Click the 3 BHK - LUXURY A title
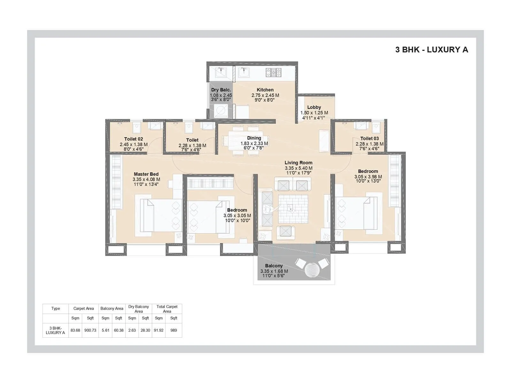click(x=431, y=50)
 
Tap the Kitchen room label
click(x=265, y=90)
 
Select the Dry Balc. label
click(x=221, y=90)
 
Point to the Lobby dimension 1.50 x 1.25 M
click(x=314, y=113)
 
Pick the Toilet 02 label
click(x=133, y=139)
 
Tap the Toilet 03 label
click(x=369, y=139)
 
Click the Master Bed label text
click(x=146, y=174)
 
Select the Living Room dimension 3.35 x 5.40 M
click(x=298, y=168)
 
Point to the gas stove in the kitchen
click(x=273, y=72)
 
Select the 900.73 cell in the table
click(x=90, y=330)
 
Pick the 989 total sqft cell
click(x=173, y=330)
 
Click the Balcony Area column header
click(x=112, y=309)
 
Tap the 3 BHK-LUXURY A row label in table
click(x=55, y=330)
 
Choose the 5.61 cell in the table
click(x=105, y=330)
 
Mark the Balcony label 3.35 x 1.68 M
click(x=274, y=271)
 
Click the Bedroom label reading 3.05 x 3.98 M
click(x=368, y=176)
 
